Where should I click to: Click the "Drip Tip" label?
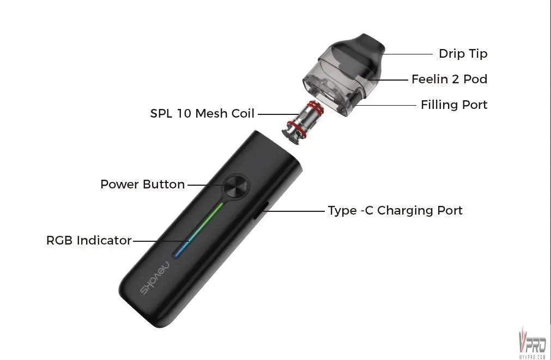[463, 54]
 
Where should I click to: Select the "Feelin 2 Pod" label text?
[450, 79]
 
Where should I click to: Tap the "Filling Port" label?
[454, 105]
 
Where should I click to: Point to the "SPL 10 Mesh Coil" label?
[202, 113]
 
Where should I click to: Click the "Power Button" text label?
[143, 185]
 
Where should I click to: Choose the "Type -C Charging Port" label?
[395, 210]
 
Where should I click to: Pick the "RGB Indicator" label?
[89, 240]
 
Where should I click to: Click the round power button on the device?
[236, 186]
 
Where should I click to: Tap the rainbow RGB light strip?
[198, 230]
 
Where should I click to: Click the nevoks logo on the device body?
[155, 278]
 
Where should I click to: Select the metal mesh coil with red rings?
[302, 121]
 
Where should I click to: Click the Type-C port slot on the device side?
[262, 210]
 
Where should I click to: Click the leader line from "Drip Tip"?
[407, 54]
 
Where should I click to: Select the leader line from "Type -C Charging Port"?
[294, 211]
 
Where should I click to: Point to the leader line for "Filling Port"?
[385, 105]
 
